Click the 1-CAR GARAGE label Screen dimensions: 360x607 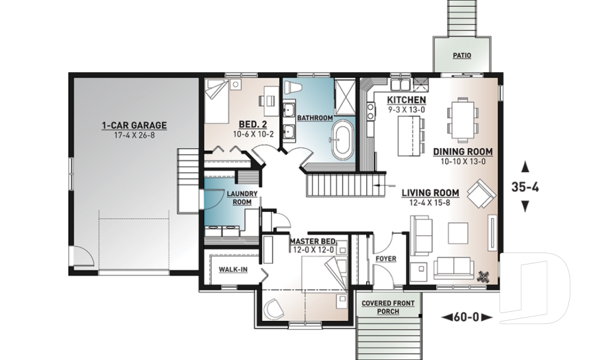[134, 125]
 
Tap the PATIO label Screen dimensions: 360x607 [462, 56]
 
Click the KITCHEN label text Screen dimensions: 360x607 [407, 101]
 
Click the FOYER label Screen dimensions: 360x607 [386, 259]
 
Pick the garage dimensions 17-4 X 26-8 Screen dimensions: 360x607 [134, 135]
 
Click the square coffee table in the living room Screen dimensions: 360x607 [457, 233]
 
